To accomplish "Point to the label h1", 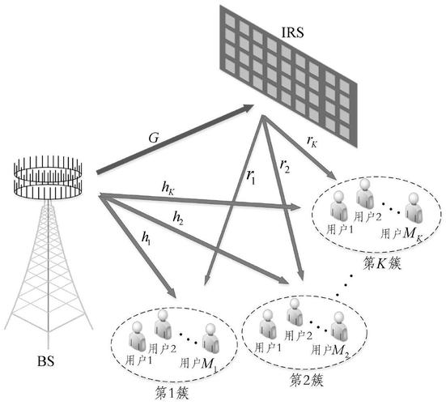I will tap(147, 238).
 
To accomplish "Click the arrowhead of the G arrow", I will tap(248, 106).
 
